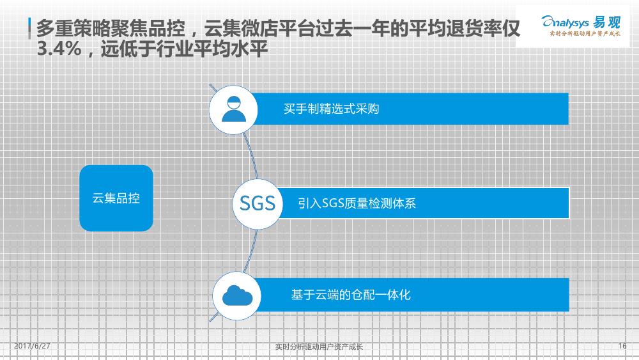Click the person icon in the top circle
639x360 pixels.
tap(233, 109)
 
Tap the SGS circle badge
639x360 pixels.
tap(257, 203)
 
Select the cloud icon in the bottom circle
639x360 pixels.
tap(237, 295)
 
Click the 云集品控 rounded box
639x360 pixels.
tap(116, 198)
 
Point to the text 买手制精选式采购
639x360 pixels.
tap(331, 109)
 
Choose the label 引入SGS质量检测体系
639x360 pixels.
tap(357, 203)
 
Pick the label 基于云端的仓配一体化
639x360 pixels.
tap(350, 294)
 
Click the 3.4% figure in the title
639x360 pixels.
tap(59, 49)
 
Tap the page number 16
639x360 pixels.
tap(622, 346)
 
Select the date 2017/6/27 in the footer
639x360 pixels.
tap(32, 346)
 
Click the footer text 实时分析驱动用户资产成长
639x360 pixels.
tap(319, 347)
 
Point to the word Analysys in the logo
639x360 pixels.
tap(565, 22)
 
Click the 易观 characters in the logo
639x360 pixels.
tap(606, 22)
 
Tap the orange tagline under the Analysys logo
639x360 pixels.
tap(585, 33)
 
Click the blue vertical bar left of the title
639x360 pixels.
tap(29, 28)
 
